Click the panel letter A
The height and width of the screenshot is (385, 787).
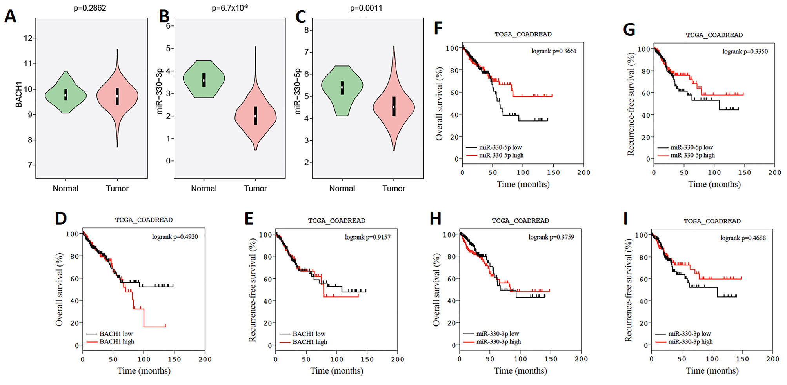pos(11,16)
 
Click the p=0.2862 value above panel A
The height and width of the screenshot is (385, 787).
pos(90,8)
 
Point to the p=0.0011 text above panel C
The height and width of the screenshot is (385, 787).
pos(366,8)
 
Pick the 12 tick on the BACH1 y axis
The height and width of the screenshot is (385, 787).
pos(28,38)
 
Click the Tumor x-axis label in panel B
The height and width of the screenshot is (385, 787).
pos(255,189)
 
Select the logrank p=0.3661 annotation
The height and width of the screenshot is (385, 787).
pos(554,51)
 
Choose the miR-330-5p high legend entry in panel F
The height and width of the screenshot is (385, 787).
pos(501,155)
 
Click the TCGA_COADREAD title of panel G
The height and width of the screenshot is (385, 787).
pos(714,35)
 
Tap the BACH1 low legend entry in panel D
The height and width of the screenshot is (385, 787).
pos(116,334)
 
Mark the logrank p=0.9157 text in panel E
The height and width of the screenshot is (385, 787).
pos(367,237)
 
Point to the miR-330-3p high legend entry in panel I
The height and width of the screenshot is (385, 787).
pos(690,342)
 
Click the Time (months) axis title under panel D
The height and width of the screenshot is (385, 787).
pos(144,371)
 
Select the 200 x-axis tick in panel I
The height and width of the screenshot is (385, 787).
pos(772,359)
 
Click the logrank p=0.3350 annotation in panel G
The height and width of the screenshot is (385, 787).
pos(745,51)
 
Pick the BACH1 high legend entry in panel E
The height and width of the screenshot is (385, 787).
pos(310,342)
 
